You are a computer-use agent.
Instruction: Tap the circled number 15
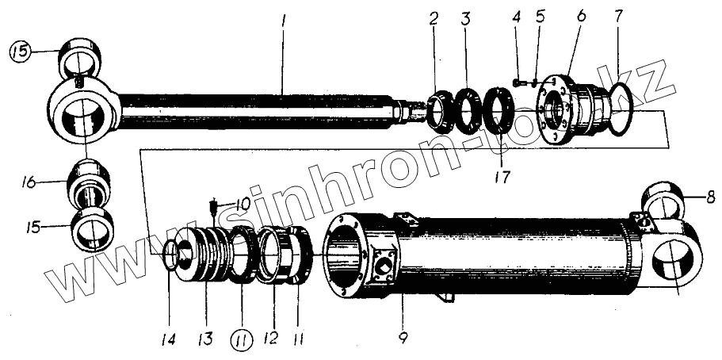point(19,52)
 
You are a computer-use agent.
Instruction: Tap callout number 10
point(242,204)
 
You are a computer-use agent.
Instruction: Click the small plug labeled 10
point(213,209)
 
